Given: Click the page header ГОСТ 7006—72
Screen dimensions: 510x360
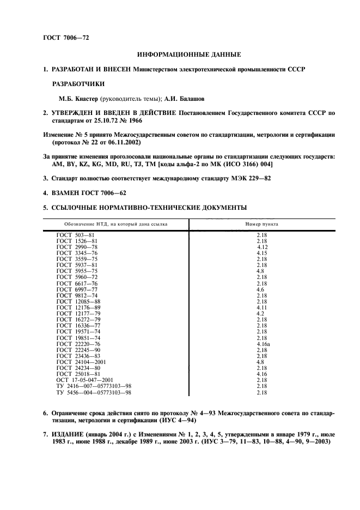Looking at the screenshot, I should (x=66, y=38).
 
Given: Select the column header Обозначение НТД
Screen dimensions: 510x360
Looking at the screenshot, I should (x=115, y=224).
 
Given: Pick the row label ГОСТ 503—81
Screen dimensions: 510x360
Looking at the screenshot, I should (x=77, y=235).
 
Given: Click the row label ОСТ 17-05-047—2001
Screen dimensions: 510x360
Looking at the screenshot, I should (x=85, y=380).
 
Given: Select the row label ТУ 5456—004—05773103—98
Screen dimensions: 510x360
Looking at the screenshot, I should (x=94, y=392).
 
